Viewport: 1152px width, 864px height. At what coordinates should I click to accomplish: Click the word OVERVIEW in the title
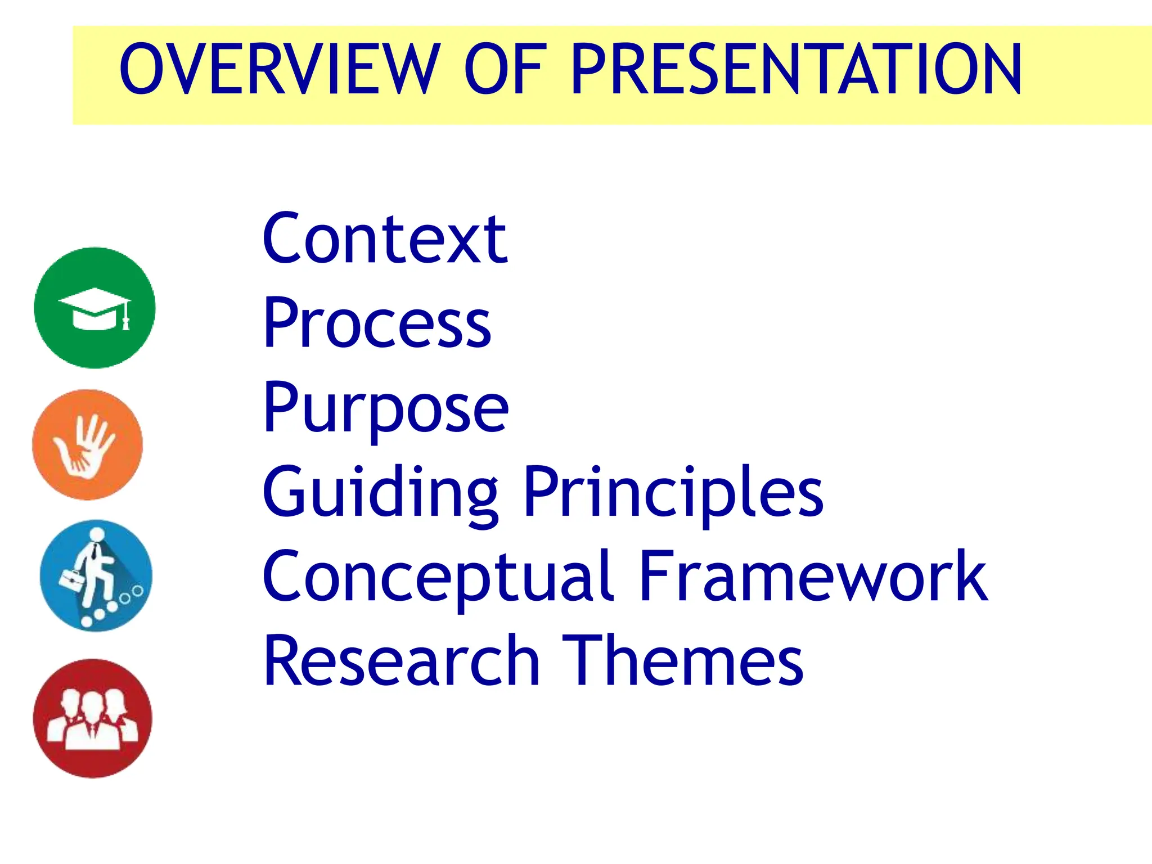coord(280,70)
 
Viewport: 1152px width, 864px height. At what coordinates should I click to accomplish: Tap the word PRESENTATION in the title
coord(796,70)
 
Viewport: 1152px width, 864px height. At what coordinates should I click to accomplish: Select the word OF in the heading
coord(505,70)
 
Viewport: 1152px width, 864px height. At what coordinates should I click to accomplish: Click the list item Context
coord(385,239)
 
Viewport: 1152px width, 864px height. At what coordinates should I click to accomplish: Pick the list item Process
coord(377,323)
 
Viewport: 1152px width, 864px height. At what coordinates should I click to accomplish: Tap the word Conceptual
coord(437,577)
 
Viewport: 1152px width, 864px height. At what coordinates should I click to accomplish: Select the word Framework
coord(813,577)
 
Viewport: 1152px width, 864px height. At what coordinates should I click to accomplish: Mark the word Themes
coord(682,661)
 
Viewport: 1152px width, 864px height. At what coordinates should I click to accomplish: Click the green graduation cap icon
coord(94,308)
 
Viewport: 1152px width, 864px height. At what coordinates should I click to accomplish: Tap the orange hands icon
coord(88,445)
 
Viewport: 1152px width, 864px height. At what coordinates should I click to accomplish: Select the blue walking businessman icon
coord(96,575)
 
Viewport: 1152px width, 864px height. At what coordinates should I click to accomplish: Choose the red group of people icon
coord(93,719)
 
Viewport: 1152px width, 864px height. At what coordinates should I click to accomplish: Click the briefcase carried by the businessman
coord(72,580)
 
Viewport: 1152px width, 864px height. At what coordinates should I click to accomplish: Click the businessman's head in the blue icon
coord(97,534)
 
